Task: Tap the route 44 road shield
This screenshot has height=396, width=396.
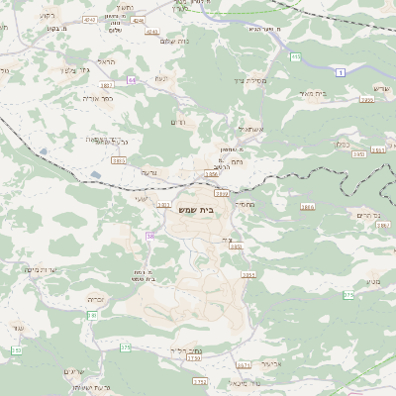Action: point(158,79)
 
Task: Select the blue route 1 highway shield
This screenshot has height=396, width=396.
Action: point(342,73)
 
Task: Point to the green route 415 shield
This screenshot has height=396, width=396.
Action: point(296,57)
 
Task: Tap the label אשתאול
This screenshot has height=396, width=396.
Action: point(248,130)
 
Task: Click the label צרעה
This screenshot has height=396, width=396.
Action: point(148,172)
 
